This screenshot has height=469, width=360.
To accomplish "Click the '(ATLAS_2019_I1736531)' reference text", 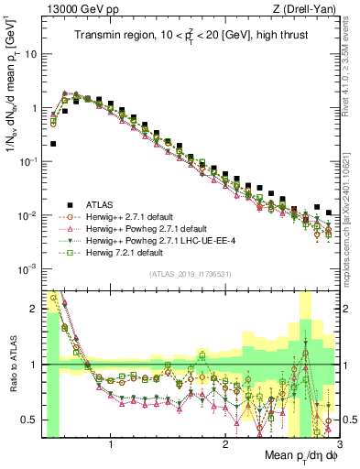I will pos(189,273).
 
